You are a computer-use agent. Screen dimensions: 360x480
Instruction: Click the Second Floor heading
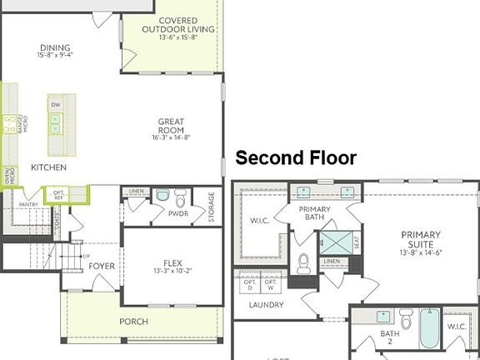(296, 158)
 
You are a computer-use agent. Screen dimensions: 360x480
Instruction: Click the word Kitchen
(49, 167)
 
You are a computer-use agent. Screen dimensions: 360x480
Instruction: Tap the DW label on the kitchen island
(55, 105)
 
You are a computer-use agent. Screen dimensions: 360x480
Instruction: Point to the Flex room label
(170, 264)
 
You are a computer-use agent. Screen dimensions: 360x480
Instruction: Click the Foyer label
(102, 266)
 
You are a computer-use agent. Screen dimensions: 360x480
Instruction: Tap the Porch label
(133, 322)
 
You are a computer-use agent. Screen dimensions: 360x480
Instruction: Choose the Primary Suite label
(420, 242)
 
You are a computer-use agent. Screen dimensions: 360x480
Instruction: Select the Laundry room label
(266, 305)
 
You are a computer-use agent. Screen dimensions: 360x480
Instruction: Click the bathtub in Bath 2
(430, 329)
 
